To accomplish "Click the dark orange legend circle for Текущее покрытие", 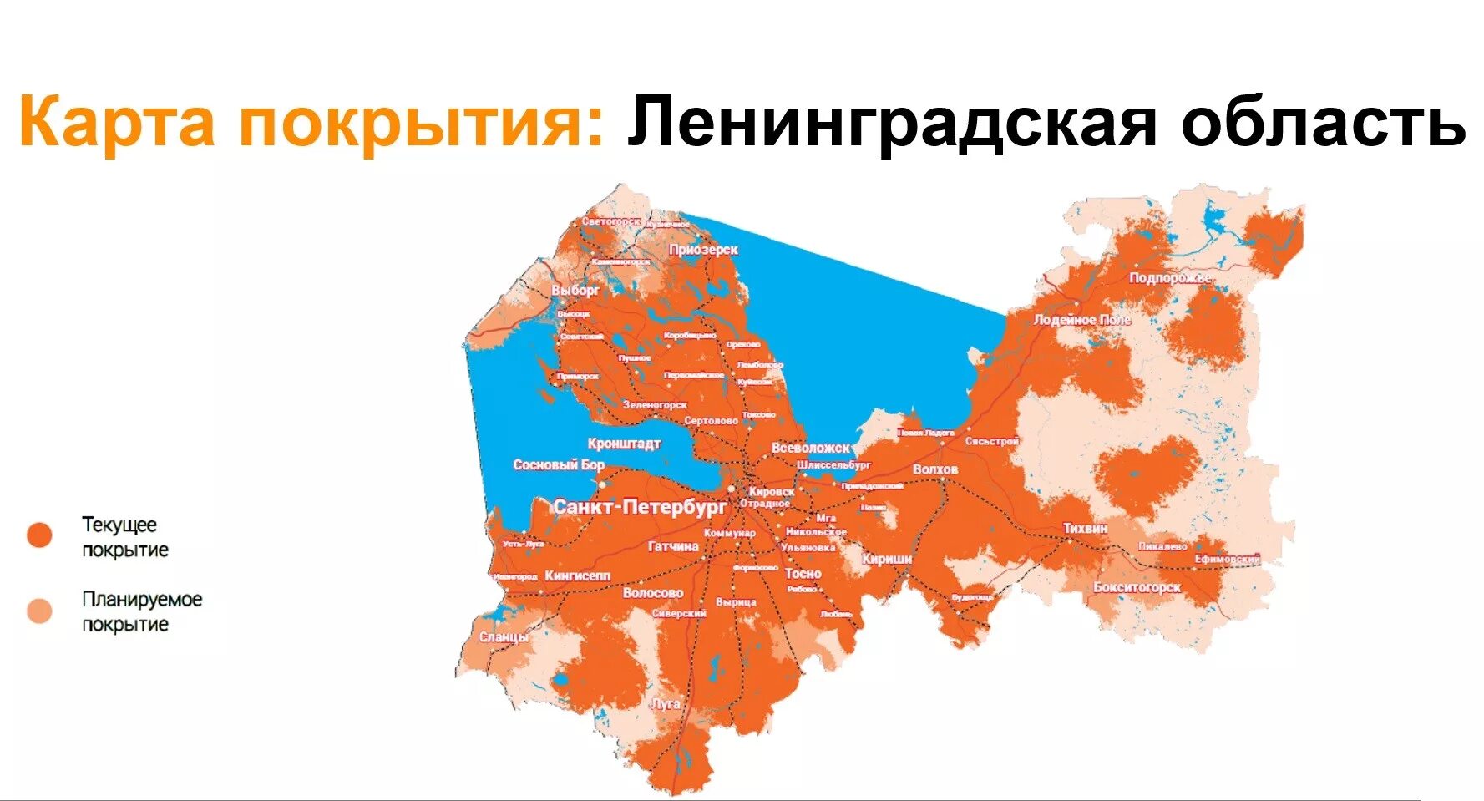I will [39, 535].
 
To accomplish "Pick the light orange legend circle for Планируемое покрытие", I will [39, 611].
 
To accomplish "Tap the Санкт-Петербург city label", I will [640, 507].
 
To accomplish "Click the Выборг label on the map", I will [575, 291].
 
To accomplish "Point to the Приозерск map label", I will [703, 250].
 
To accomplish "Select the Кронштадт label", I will [624, 444].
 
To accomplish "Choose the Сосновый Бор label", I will [558, 464].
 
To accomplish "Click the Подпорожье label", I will [1169, 278].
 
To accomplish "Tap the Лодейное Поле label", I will [1081, 320].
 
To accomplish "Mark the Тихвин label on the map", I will [1085, 528].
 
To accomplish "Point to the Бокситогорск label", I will [1137, 587].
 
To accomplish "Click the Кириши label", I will [886, 559].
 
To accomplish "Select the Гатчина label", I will [673, 546].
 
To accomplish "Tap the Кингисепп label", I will [577, 575].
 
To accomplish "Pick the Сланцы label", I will [504, 637].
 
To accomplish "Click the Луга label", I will [666, 704].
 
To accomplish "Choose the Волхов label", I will [935, 469].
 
